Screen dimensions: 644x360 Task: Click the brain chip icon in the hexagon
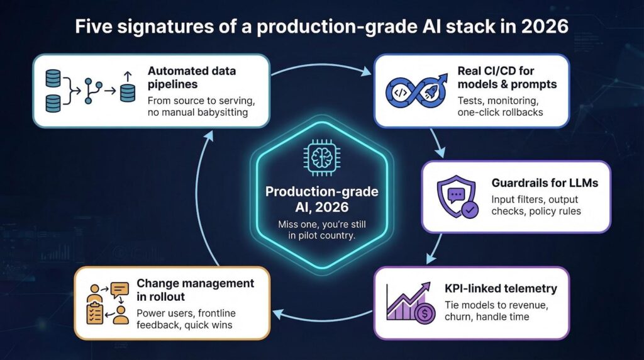click(321, 157)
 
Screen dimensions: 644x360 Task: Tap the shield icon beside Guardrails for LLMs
click(457, 196)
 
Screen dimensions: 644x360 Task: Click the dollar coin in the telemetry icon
click(425, 314)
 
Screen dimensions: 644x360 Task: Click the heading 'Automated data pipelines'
click(192, 77)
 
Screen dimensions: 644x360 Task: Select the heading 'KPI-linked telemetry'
click(501, 288)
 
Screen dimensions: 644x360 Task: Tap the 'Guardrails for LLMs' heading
click(545, 183)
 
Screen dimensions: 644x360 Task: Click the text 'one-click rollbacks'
click(500, 112)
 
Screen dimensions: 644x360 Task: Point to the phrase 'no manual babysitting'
click(197, 112)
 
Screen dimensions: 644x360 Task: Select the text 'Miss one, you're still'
click(321, 225)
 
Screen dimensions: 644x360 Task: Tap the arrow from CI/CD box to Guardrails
click(437, 143)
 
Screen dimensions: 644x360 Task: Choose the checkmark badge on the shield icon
click(469, 210)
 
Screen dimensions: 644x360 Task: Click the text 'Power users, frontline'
click(186, 313)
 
